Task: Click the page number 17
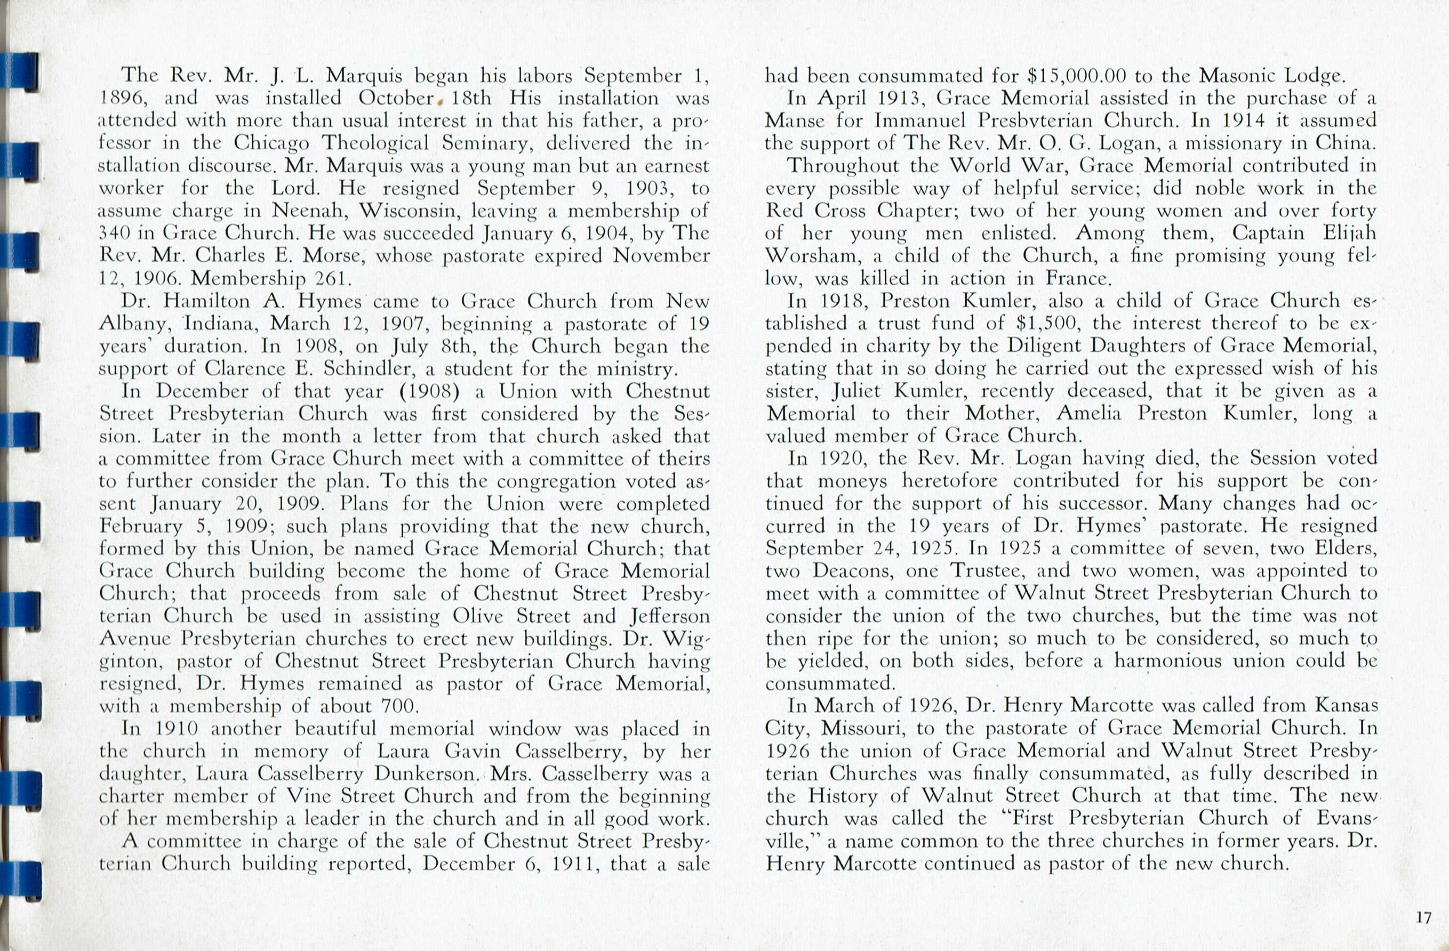1423,917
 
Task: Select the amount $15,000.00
1076,76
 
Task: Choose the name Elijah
1345,233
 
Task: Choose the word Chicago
271,143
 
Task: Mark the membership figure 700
399,706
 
